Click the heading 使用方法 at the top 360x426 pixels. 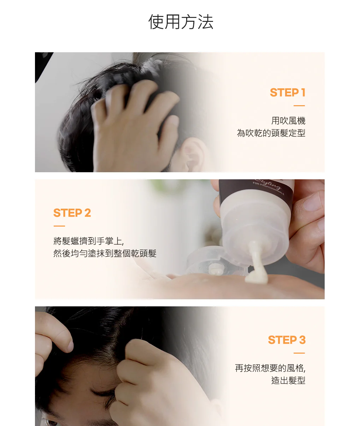[x=181, y=22]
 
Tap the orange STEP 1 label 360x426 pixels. [x=288, y=92]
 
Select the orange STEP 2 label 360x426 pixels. [x=72, y=213]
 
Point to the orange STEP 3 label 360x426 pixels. [x=287, y=340]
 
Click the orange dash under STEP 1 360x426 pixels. [x=299, y=106]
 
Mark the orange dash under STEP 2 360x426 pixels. [x=59, y=226]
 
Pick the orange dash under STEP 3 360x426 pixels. [x=299, y=353]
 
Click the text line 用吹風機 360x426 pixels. [x=288, y=121]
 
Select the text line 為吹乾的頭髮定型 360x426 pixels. [x=271, y=133]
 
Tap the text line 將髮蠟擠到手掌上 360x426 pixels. [x=88, y=241]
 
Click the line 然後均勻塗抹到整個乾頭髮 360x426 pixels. [x=105, y=253]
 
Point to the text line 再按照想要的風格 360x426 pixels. [x=270, y=368]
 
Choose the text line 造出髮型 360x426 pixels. [x=288, y=380]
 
